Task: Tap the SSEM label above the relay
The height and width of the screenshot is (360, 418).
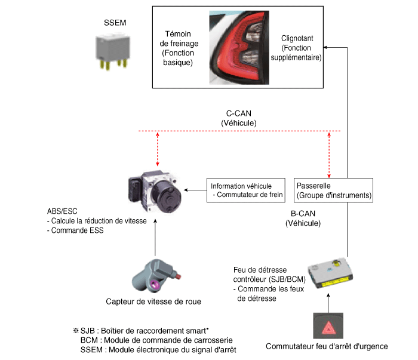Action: [x=115, y=23]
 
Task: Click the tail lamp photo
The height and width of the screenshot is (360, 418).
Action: [x=239, y=48]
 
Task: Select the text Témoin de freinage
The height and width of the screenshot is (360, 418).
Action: [x=179, y=39]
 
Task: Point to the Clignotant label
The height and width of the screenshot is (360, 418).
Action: [x=297, y=38]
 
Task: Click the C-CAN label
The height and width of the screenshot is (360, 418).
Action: [x=239, y=113]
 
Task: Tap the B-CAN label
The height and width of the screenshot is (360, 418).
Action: [x=303, y=214]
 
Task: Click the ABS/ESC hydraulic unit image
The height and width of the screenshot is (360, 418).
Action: [x=155, y=191]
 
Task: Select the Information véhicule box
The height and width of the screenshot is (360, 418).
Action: [x=246, y=190]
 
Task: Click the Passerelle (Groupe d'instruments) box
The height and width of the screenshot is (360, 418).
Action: [x=333, y=190]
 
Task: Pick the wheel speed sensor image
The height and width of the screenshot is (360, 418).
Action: [x=156, y=276]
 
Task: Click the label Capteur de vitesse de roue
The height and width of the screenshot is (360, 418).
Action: [x=153, y=301]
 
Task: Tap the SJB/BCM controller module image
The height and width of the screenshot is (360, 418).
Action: [x=331, y=273]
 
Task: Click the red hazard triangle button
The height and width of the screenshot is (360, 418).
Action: [x=328, y=326]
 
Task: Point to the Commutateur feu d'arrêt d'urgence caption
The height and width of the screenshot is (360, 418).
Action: [x=327, y=346]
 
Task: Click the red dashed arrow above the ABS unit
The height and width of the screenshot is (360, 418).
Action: [x=158, y=149]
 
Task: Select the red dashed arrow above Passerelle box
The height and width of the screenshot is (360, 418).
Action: [x=329, y=155]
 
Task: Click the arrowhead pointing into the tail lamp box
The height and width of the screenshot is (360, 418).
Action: [x=325, y=47]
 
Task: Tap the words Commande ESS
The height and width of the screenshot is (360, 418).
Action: [x=77, y=230]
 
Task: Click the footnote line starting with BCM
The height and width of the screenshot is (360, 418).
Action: [x=156, y=340]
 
